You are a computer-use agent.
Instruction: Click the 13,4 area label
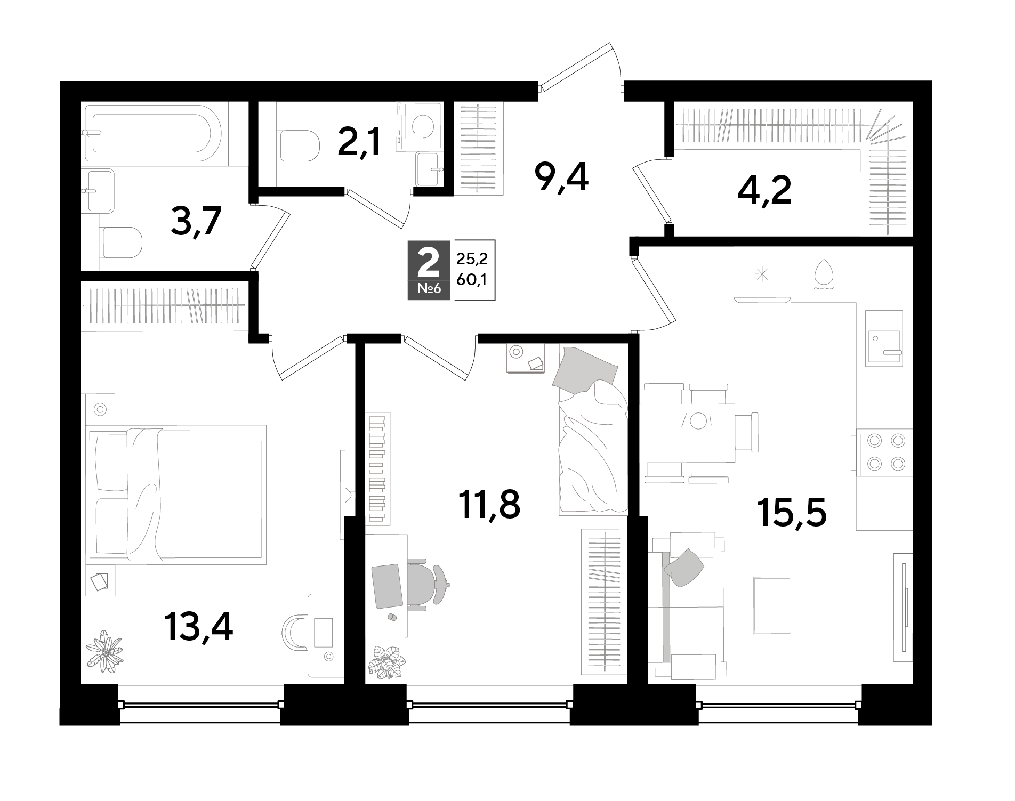click(198, 627)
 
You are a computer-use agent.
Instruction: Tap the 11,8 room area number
click(489, 505)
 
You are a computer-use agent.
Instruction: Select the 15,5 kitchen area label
click(792, 513)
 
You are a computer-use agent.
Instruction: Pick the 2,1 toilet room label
click(359, 141)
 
